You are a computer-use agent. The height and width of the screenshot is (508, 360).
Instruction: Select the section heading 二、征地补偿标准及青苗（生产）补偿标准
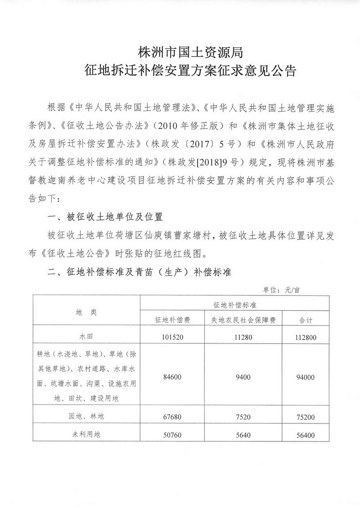[139, 273]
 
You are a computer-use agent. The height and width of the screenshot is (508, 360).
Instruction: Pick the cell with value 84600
[172, 376]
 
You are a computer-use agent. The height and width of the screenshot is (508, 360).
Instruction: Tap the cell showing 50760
[172, 435]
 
